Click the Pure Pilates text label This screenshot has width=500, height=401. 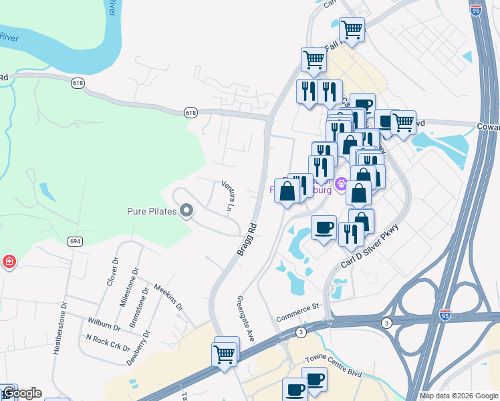(152, 212)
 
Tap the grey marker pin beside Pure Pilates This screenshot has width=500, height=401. (186, 212)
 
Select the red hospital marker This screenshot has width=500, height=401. (9, 261)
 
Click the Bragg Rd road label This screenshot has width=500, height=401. (247, 238)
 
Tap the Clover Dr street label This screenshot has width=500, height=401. (112, 272)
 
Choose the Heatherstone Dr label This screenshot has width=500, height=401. (65, 327)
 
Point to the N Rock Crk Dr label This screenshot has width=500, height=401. (108, 342)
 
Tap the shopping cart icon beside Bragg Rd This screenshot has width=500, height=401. (225, 352)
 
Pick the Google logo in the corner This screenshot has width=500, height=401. (21, 393)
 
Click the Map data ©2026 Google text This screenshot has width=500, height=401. (459, 396)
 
